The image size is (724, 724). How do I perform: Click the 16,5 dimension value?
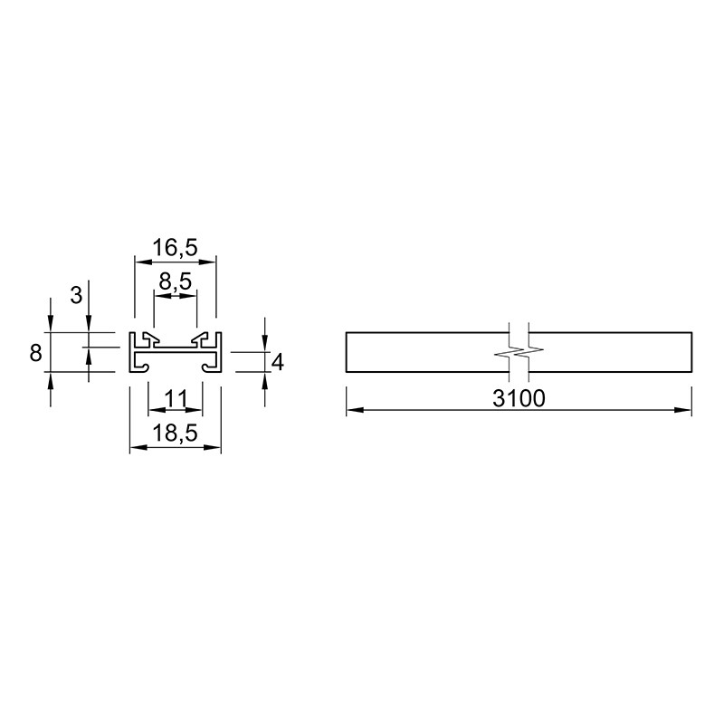(x=175, y=247)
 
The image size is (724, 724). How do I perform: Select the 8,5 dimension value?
(x=175, y=281)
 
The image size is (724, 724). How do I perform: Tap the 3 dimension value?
(x=76, y=296)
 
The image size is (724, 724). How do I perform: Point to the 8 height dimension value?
(x=35, y=353)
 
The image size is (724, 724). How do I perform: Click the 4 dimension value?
(x=278, y=363)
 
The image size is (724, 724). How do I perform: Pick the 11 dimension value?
(x=176, y=398)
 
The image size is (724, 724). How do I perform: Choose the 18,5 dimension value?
(x=175, y=433)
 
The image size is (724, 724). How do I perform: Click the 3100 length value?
(x=519, y=398)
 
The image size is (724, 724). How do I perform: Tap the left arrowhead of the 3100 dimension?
(x=355, y=410)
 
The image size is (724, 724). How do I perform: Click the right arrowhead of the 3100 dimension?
(x=683, y=410)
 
